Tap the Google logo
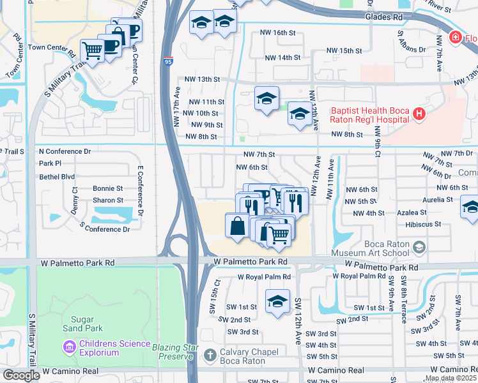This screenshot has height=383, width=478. click(x=21, y=375)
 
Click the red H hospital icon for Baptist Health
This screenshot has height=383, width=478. click(x=419, y=114)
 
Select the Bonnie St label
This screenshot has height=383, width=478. click(x=107, y=189)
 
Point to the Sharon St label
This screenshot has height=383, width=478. click(x=107, y=200)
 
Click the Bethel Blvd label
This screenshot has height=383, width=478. click(x=57, y=177)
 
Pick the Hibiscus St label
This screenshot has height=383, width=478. click(x=423, y=224)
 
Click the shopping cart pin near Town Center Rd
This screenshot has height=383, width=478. click(x=93, y=50)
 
